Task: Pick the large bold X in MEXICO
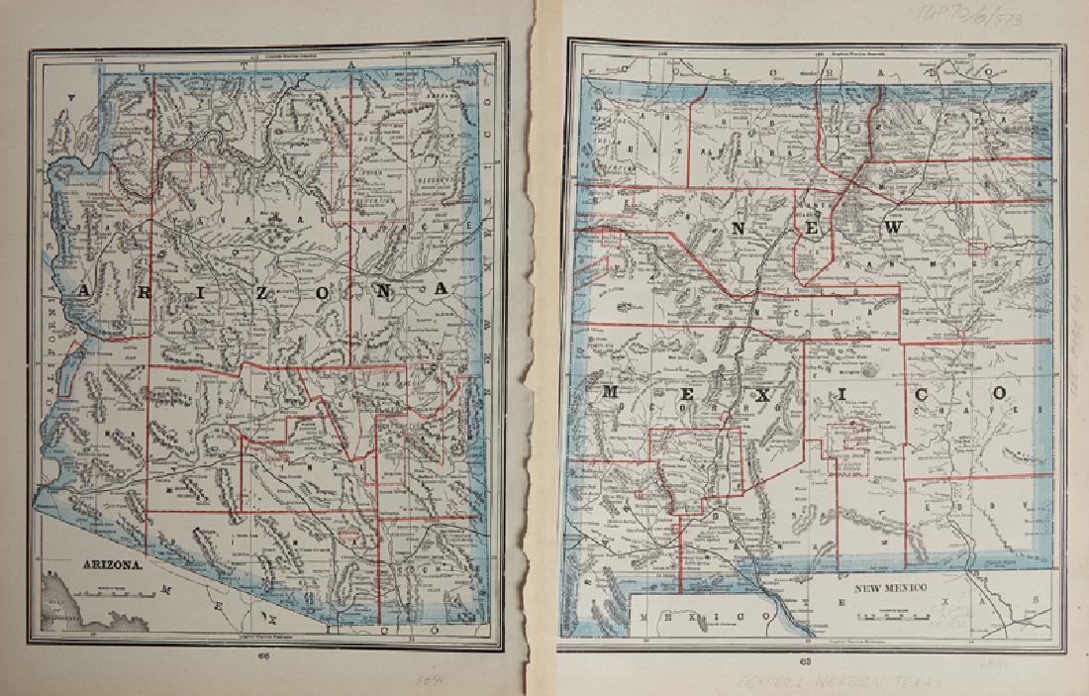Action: [x=757, y=394]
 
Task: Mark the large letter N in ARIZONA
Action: [x=381, y=289]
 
